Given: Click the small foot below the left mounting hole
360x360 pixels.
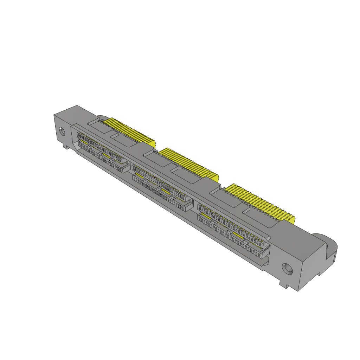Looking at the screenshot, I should [x=65, y=145].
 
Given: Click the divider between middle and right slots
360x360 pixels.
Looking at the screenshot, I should [x=195, y=205].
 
